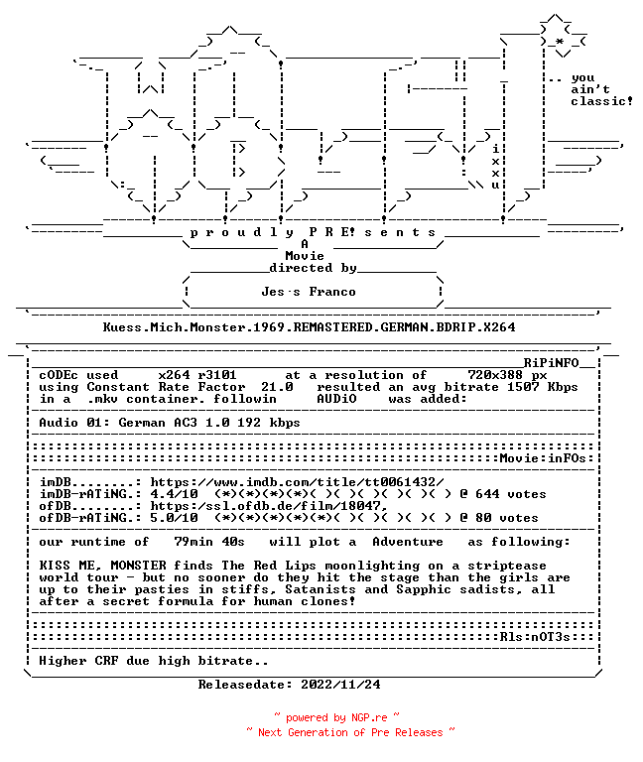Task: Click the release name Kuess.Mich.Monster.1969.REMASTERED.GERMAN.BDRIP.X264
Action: point(310,327)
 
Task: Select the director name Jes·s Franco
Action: point(309,292)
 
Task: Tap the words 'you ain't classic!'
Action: point(601,90)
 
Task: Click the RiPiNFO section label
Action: point(551,363)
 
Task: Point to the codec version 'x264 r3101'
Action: point(197,375)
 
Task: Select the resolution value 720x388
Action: point(495,375)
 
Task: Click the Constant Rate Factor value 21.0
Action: point(277,387)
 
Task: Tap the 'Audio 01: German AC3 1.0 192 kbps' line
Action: point(169,423)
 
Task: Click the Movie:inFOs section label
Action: point(543,458)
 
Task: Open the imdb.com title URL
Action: point(297,482)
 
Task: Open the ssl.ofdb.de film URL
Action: point(269,506)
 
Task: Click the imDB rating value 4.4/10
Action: point(174,494)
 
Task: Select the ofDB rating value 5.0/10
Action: point(174,518)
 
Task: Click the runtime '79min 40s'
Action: point(209,542)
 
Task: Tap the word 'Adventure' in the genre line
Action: point(408,542)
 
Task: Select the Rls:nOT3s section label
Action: point(535,637)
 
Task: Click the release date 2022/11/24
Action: point(340,685)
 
